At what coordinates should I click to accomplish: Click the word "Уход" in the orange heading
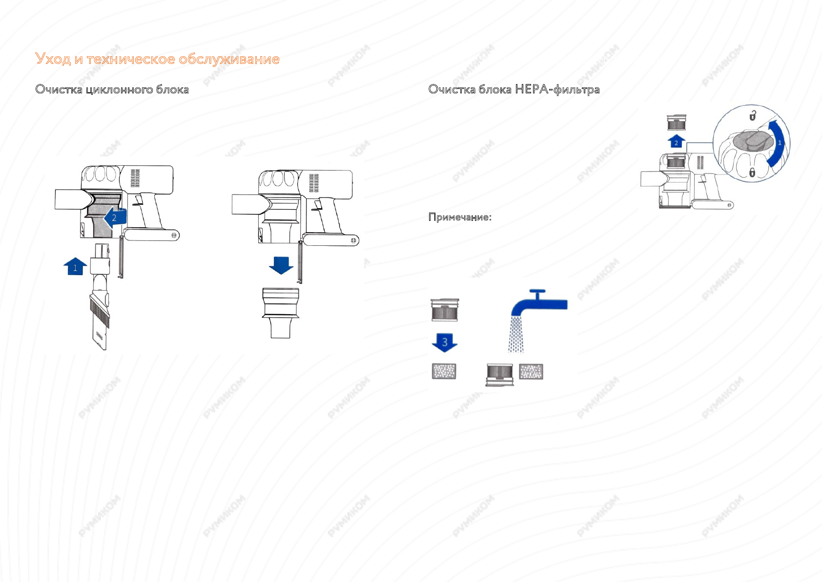tap(53, 59)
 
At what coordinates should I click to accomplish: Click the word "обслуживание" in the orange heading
tap(229, 59)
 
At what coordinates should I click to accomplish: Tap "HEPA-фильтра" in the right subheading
tap(557, 89)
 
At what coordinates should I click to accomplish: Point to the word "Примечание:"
tap(460, 217)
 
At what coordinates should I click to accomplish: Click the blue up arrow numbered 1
tap(75, 266)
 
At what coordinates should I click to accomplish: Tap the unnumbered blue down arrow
tap(281, 265)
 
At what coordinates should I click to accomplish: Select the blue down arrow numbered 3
tap(445, 342)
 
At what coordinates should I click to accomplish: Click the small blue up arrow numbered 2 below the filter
tap(676, 142)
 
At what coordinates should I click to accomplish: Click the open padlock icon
tap(753, 116)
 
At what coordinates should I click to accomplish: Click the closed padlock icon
tap(752, 172)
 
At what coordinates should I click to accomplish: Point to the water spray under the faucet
tap(515, 334)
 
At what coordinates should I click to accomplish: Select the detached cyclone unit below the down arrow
tap(281, 312)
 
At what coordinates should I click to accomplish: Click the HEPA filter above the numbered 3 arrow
tap(444, 310)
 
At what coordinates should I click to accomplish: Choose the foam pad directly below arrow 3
tap(444, 371)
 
